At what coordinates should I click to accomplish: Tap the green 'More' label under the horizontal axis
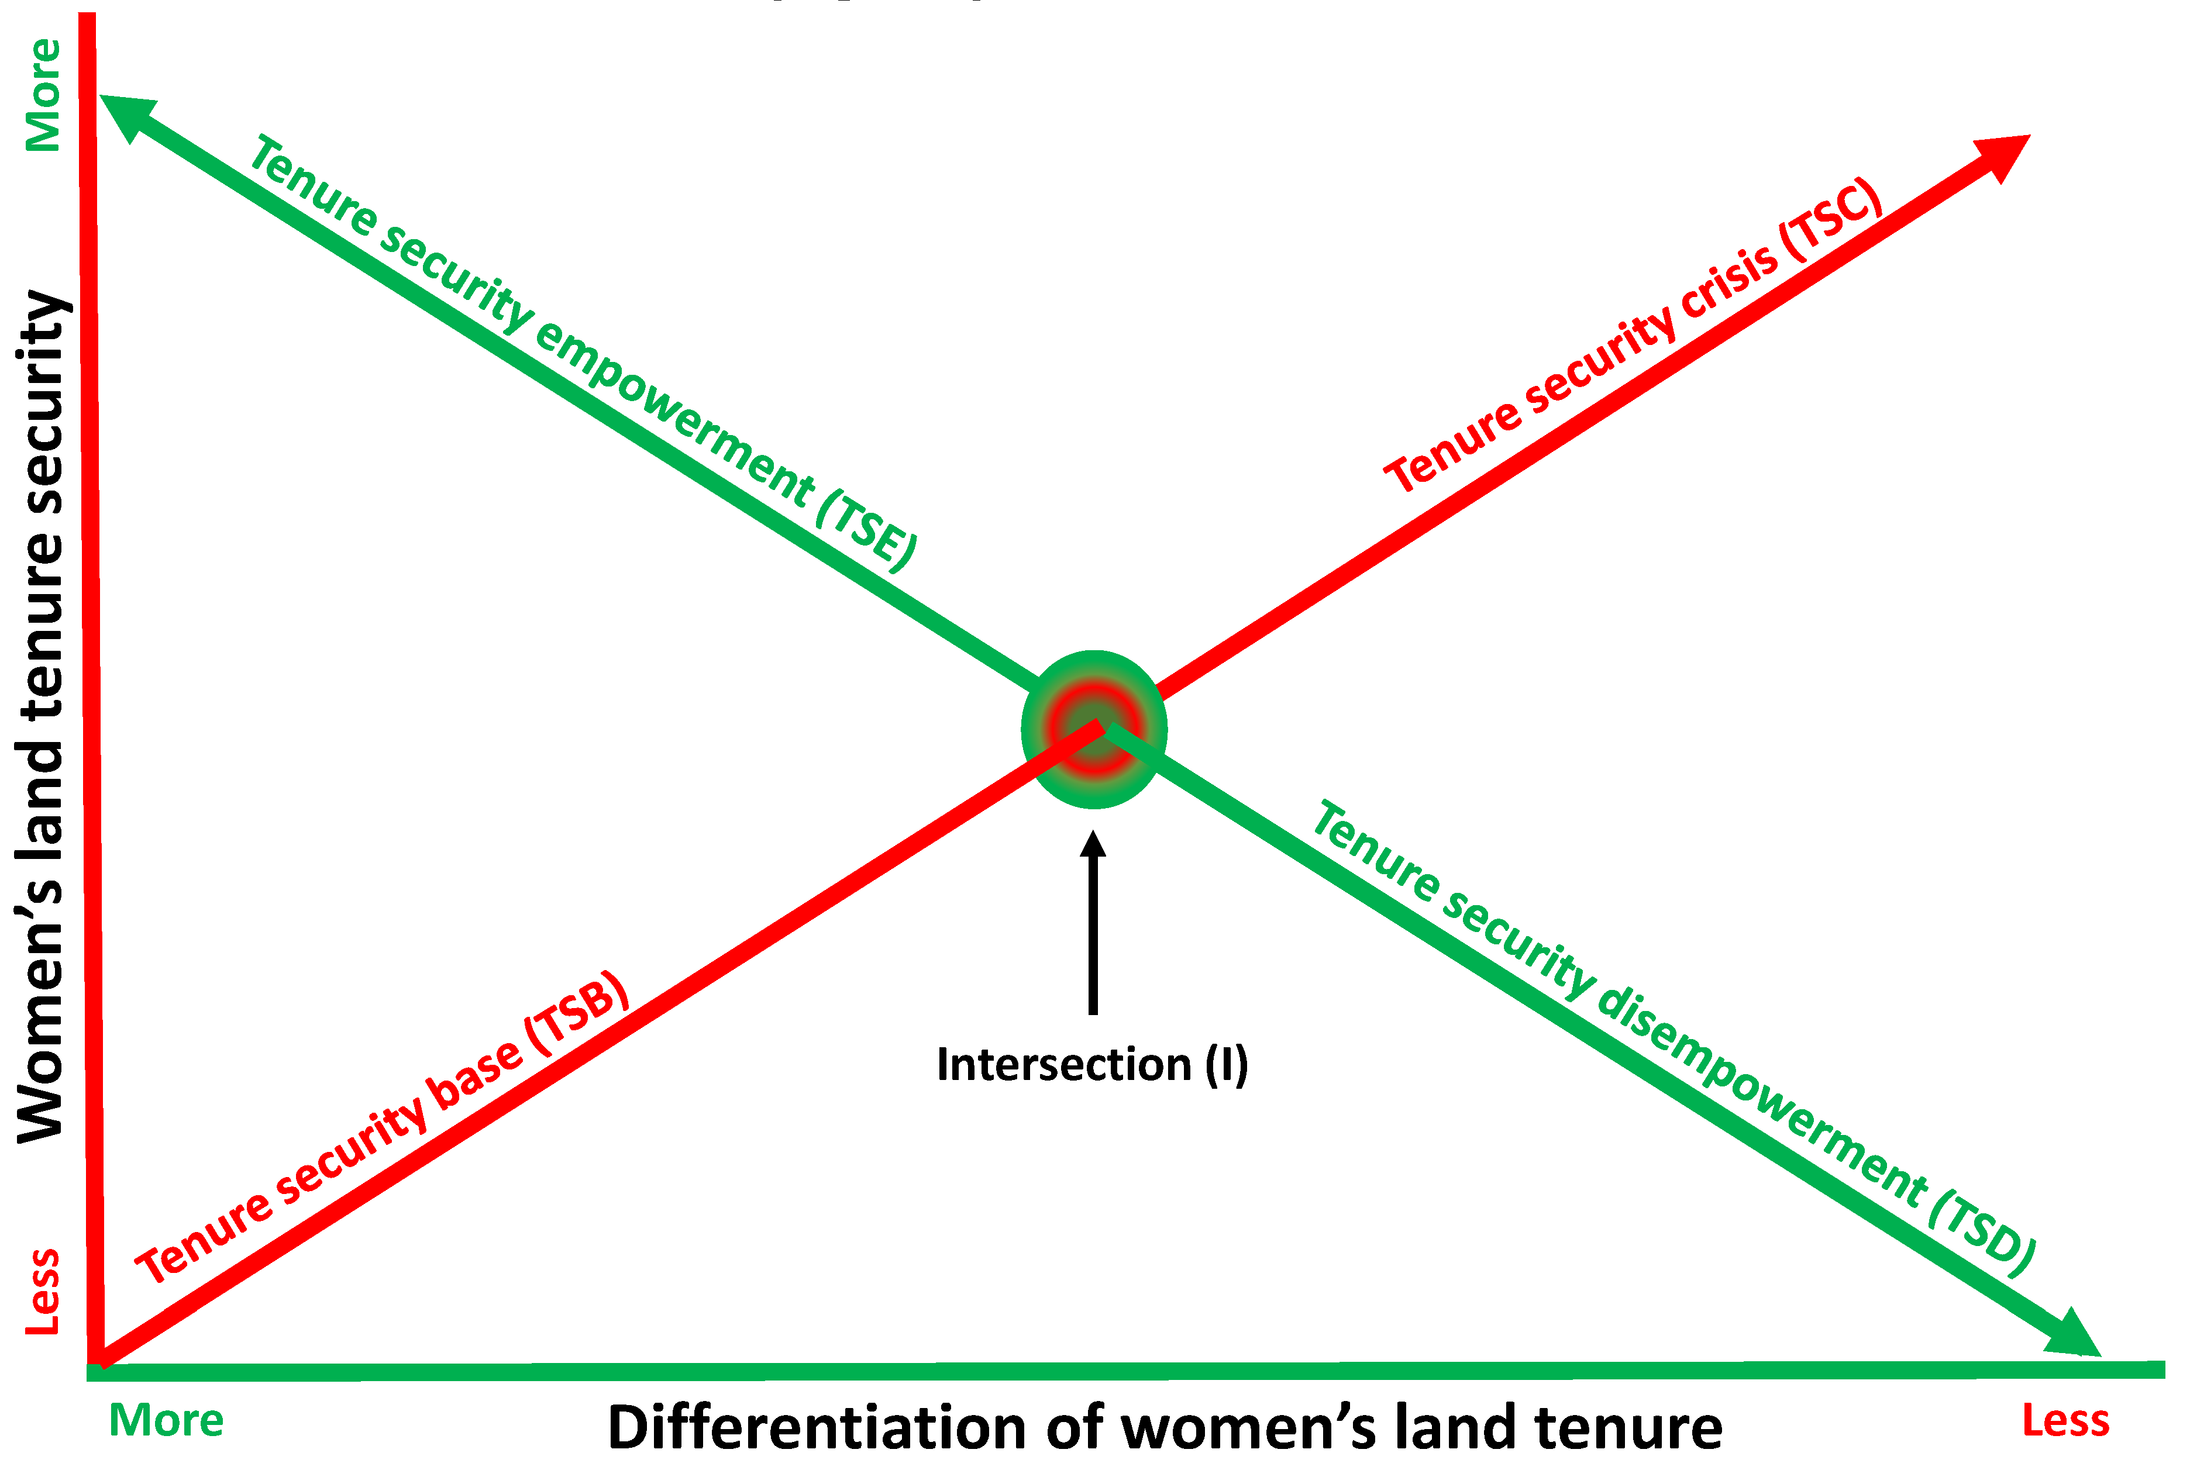(166, 1420)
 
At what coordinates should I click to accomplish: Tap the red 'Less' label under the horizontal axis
(2065, 1420)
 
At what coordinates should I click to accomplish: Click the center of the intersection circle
(1094, 729)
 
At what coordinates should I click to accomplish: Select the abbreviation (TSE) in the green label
(865, 530)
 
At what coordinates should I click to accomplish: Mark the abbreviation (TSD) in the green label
(1981, 1235)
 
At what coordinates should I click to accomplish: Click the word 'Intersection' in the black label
(1063, 1065)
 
